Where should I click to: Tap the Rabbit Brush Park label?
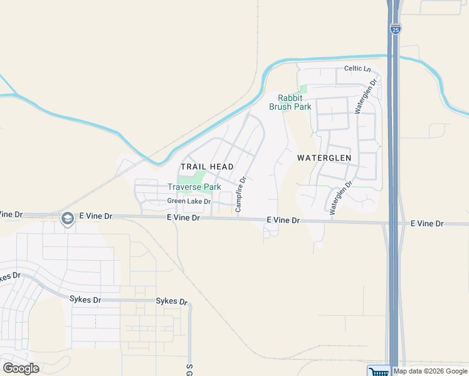290,102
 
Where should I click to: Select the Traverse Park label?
194,187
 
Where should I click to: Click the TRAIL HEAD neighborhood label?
207,167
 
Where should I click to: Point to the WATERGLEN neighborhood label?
324,158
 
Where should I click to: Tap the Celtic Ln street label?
357,68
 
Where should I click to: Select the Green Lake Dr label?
189,201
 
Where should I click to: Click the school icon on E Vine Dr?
67,218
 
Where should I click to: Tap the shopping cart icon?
378,371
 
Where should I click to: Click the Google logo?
21,368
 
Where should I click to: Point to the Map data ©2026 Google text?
431,371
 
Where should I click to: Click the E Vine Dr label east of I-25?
427,224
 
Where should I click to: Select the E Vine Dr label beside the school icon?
95,216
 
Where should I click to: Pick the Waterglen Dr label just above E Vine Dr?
341,198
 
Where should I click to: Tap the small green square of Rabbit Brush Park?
303,90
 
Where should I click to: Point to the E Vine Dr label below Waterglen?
283,221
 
